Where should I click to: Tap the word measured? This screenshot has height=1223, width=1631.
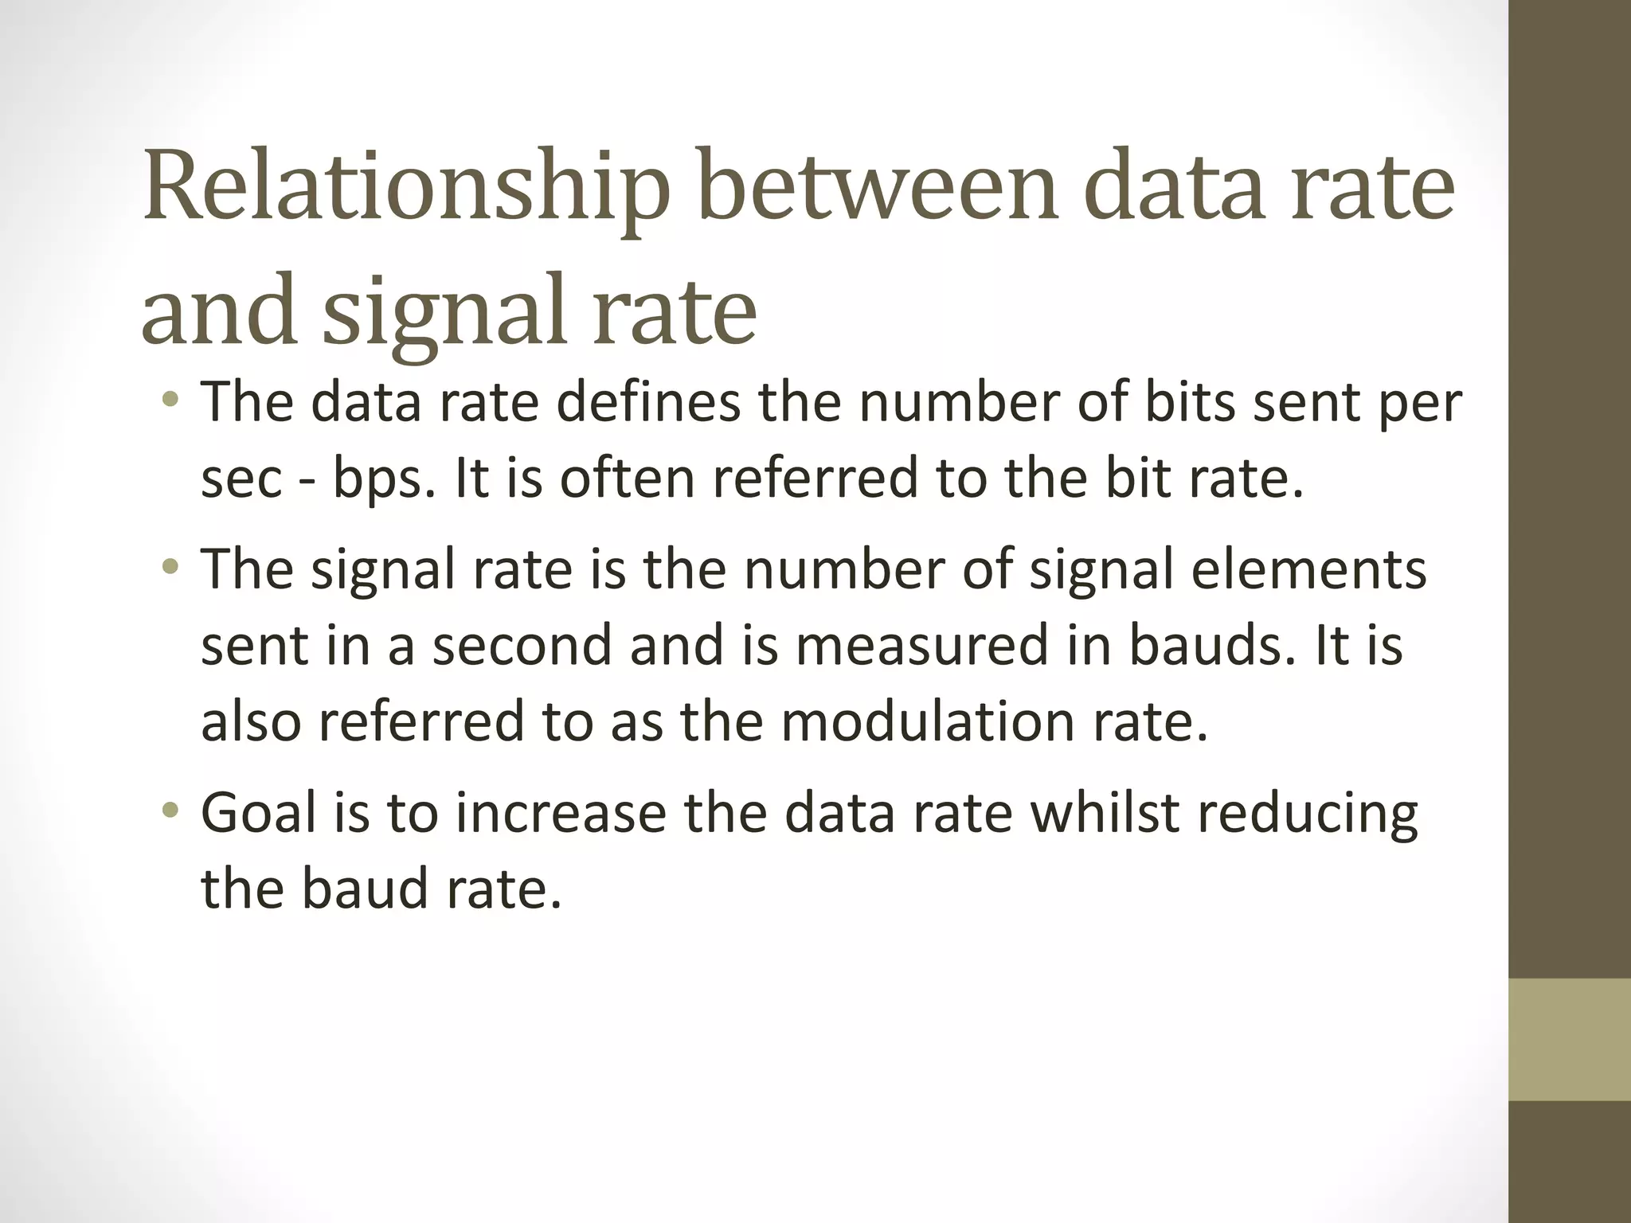coord(921,645)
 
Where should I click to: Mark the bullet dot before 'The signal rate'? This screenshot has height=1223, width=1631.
coord(169,569)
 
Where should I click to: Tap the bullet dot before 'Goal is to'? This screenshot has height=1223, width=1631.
coord(169,811)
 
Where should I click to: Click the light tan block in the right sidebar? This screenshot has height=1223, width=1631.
coord(1569,1040)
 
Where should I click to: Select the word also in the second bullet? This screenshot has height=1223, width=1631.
coord(251,721)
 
